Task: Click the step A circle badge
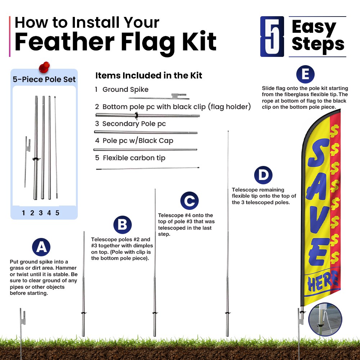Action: tap(41, 247)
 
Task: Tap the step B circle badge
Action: tap(122, 225)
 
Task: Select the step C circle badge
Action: tap(189, 201)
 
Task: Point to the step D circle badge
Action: tap(263, 175)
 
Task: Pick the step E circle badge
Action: tap(305, 75)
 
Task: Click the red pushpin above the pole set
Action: tap(44, 67)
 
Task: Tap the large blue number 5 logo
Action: tap(272, 36)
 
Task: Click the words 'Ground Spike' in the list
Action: tap(125, 90)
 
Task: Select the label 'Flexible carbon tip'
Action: tap(134, 158)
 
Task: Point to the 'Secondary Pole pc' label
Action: tap(134, 124)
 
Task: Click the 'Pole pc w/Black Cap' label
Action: tap(138, 140)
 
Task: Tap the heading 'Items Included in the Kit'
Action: tap(149, 76)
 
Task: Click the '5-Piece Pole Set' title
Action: tap(44, 80)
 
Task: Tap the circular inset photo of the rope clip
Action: tap(325, 319)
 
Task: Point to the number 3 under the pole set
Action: tap(41, 213)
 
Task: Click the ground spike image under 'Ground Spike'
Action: tap(159, 96)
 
